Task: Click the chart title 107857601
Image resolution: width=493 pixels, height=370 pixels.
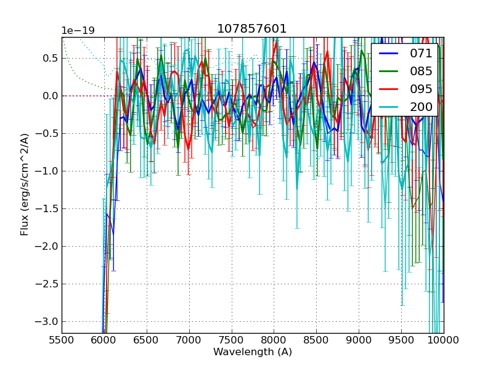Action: click(x=252, y=29)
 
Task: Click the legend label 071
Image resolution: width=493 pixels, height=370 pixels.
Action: click(x=422, y=54)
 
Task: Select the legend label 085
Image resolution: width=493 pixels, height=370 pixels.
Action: click(x=422, y=71)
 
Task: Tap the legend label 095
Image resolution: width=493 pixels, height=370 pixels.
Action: click(x=422, y=89)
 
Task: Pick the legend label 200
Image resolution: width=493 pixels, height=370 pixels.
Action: click(x=422, y=107)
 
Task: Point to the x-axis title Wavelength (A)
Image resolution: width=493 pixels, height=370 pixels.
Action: click(x=253, y=352)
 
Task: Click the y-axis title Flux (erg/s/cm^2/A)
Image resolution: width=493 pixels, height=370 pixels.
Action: click(x=25, y=184)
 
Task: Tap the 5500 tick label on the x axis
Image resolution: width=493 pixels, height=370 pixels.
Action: click(x=62, y=340)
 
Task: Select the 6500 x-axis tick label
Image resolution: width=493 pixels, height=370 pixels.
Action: click(x=147, y=340)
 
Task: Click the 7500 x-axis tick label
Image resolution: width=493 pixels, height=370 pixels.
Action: click(x=232, y=340)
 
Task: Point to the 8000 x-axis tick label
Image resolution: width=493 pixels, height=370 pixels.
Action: click(x=274, y=340)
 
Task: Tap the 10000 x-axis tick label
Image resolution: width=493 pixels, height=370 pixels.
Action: click(x=444, y=340)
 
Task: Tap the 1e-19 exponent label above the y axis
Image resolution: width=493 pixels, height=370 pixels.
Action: click(x=78, y=31)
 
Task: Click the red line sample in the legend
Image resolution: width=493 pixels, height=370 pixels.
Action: click(x=388, y=89)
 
